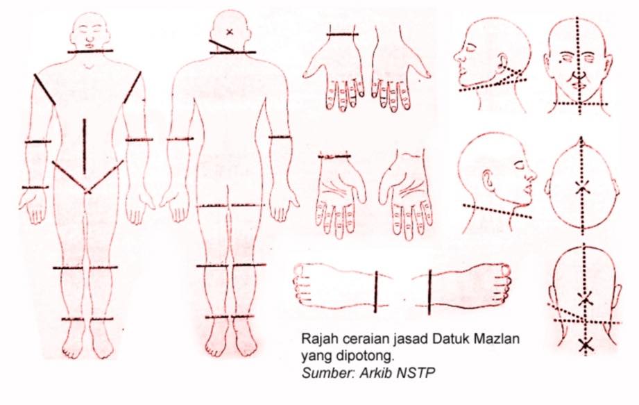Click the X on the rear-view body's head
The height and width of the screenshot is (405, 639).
pos(230,31)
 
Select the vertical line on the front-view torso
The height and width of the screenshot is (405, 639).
pos(85,147)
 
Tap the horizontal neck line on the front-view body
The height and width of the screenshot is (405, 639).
pos(90,51)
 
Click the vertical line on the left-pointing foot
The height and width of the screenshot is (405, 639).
pos(376,292)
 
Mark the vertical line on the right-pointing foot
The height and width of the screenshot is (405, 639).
pos(429,292)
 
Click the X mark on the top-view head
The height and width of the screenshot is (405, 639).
pos(582,188)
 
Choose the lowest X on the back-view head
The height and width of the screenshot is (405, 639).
pos(586,345)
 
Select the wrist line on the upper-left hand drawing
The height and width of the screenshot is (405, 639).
pos(342,35)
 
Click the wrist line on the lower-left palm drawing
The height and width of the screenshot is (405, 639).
pos(334,156)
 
